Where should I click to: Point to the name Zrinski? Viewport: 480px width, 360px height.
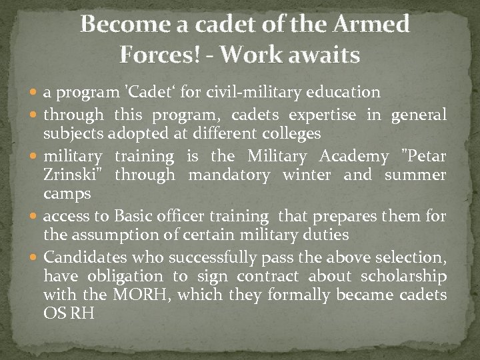pos(74,175)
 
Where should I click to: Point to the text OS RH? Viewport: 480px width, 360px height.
pos(69,312)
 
